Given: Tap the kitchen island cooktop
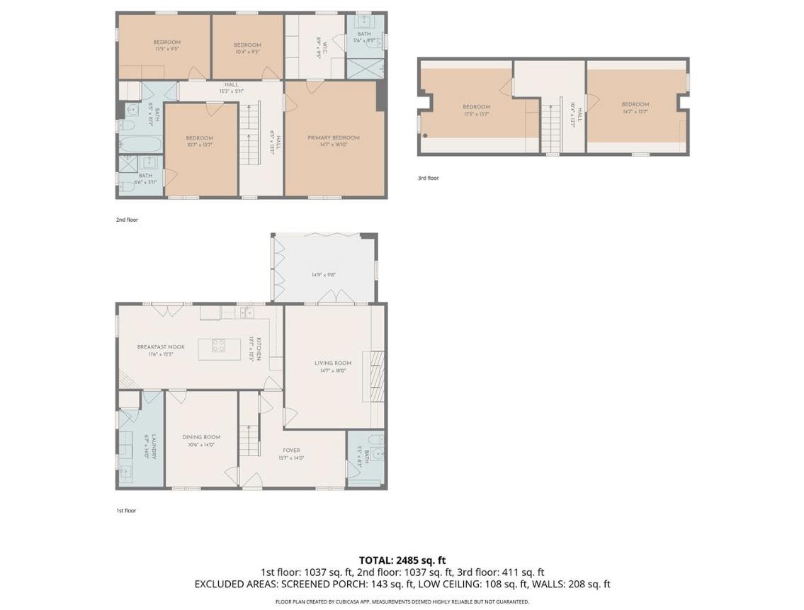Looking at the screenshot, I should [219, 346].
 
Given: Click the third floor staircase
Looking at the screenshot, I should [551, 128].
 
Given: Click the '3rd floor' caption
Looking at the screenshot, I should [428, 178].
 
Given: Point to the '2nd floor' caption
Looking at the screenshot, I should [127, 220].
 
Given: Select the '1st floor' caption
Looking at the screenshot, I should [125, 510].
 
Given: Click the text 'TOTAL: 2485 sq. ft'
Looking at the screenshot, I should [402, 560].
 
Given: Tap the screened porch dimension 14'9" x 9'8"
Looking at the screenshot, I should [323, 275].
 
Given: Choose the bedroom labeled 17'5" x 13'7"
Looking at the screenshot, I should [476, 110].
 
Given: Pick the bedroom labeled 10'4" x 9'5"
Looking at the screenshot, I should [247, 47].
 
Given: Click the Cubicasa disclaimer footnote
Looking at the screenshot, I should [402, 601].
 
